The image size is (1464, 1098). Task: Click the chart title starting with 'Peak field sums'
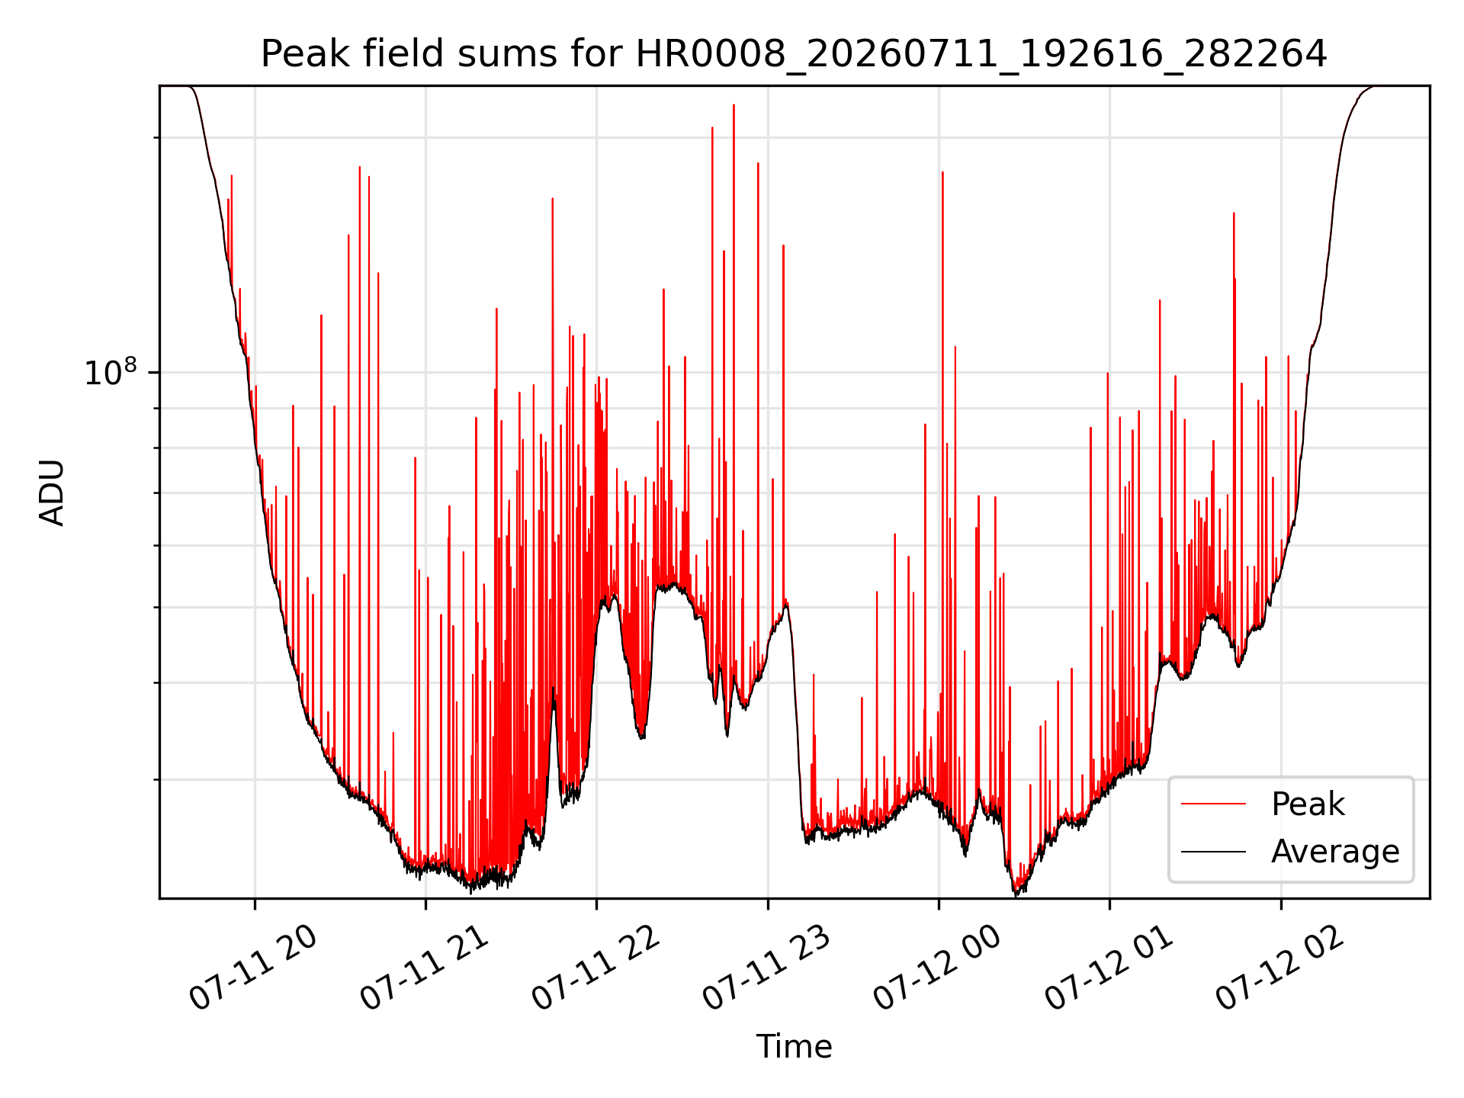tap(794, 54)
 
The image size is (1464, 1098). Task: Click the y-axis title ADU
tap(52, 493)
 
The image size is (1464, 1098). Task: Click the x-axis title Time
tap(794, 1046)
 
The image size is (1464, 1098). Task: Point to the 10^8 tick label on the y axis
tap(111, 372)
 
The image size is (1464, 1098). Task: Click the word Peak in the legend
tap(1308, 805)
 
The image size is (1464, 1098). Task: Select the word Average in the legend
tap(1335, 852)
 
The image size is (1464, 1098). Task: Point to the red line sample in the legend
tap(1214, 804)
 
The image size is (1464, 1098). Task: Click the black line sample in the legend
tap(1214, 851)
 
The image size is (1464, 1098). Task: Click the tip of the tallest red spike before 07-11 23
tap(734, 105)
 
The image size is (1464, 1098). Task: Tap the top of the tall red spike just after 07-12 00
tap(942, 172)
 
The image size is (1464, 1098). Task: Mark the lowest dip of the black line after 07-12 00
tap(1016, 895)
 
